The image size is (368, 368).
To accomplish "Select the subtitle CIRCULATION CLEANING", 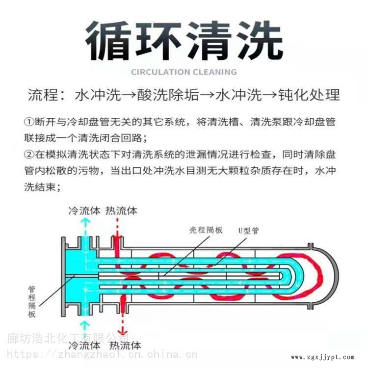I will click(x=184, y=72).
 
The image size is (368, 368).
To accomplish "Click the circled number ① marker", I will click(x=29, y=121).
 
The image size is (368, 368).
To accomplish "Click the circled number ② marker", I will click(x=29, y=155).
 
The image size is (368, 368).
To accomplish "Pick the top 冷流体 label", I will click(x=84, y=211).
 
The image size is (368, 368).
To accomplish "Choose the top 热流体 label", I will click(x=121, y=211).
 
